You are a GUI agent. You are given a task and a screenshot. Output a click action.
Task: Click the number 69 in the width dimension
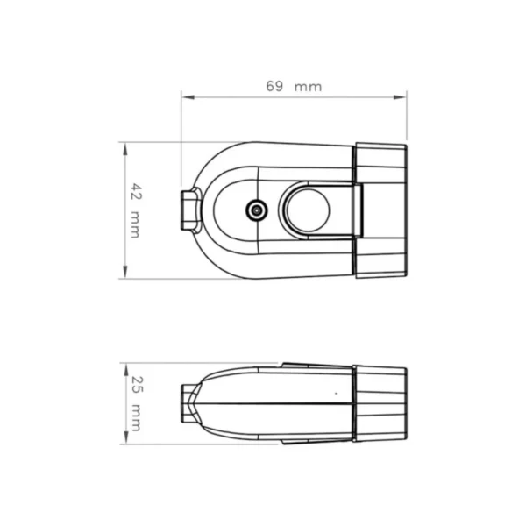point(274,86)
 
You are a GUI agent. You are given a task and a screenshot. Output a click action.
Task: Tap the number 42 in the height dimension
point(136,191)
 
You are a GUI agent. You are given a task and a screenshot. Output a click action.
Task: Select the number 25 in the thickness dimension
point(137,385)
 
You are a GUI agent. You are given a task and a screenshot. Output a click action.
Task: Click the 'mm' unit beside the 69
point(308,87)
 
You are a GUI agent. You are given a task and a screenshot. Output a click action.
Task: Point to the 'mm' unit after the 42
point(135,224)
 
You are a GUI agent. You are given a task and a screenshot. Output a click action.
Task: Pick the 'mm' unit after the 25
point(136,417)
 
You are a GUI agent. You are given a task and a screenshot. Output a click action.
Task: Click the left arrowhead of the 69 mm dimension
point(188,97)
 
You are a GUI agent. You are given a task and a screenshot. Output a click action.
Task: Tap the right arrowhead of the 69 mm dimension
point(400,97)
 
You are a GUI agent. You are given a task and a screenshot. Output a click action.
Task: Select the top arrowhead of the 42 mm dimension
point(125,149)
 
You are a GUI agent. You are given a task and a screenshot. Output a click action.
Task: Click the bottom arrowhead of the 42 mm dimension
point(125,272)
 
